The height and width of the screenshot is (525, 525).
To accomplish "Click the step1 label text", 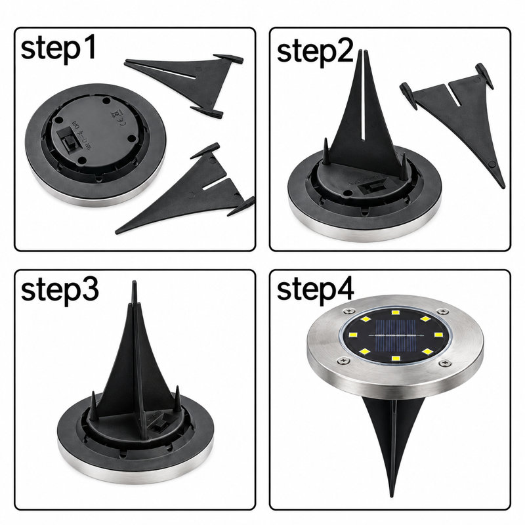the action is pyautogui.click(x=58, y=49).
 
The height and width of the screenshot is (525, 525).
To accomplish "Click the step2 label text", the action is pyautogui.click(x=316, y=52).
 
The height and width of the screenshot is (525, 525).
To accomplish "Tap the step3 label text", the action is pyautogui.click(x=60, y=291).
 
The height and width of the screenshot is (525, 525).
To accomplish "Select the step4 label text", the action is pyautogui.click(x=316, y=291).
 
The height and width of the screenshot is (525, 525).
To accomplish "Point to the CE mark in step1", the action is pyautogui.click(x=123, y=122).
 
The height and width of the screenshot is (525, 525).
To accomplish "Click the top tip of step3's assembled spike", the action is pyautogui.click(x=135, y=282).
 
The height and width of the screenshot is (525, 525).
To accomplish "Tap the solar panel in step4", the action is pyautogui.click(x=396, y=335).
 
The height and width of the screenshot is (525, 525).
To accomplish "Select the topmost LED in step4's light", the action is pyautogui.click(x=396, y=313).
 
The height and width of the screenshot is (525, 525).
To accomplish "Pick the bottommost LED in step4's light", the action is pyautogui.click(x=396, y=359).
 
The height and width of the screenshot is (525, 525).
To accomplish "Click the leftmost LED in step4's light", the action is pyautogui.click(x=352, y=335).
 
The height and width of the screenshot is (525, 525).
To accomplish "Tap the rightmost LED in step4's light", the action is pyautogui.click(x=438, y=335).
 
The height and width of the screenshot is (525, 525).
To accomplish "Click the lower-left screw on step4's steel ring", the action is pyautogui.click(x=343, y=360).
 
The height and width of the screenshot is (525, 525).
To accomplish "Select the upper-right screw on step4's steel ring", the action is pyautogui.click(x=443, y=312).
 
